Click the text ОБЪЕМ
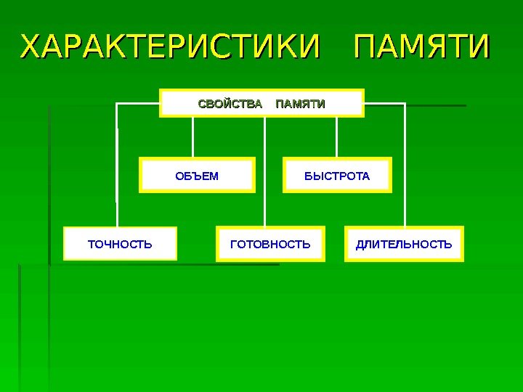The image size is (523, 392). [x=197, y=176]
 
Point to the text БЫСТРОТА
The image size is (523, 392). [x=336, y=176]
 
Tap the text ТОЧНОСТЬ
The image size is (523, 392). [x=120, y=244]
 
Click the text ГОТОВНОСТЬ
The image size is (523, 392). [x=270, y=244]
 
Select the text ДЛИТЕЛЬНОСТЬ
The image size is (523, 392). [x=404, y=244]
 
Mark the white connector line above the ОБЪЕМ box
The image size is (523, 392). [x=193, y=137]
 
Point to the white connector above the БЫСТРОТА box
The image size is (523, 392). [x=336, y=137]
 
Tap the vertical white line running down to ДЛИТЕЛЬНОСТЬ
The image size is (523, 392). [x=405, y=167]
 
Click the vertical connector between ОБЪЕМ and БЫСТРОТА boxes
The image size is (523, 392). [x=265, y=174]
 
